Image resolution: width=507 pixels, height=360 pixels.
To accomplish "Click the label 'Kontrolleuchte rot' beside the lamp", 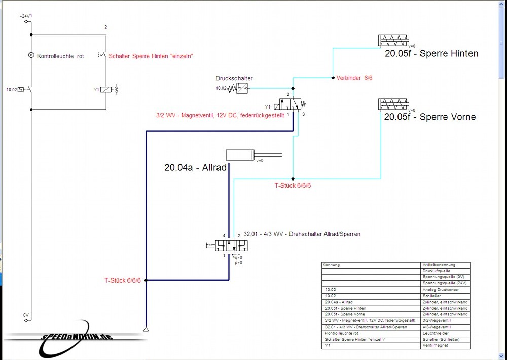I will (60, 56).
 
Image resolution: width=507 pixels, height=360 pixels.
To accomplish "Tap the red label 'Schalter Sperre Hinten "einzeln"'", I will (151, 56).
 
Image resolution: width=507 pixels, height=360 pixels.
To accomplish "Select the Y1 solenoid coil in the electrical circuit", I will (105, 90).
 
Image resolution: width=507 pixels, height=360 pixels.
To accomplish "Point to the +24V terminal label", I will (25, 17).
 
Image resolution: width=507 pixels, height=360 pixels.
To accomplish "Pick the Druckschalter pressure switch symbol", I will (241, 89).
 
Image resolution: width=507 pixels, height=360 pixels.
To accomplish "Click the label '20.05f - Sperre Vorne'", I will (430, 117).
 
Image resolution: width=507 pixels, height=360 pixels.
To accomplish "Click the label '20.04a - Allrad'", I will (195, 167).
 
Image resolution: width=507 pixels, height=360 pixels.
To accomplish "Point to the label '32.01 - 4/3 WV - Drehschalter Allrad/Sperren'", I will (302, 234).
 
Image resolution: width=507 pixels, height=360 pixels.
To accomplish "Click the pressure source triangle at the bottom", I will (146, 330).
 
